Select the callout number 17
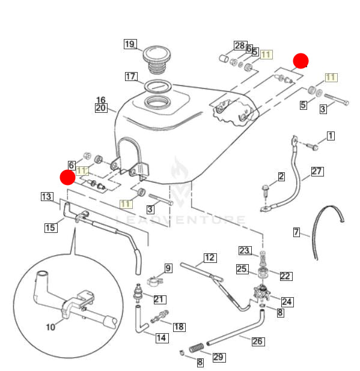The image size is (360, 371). [x=131, y=76]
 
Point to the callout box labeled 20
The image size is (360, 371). [x=100, y=108]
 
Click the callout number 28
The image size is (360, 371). [x=239, y=46]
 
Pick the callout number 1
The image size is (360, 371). [x=330, y=136]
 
